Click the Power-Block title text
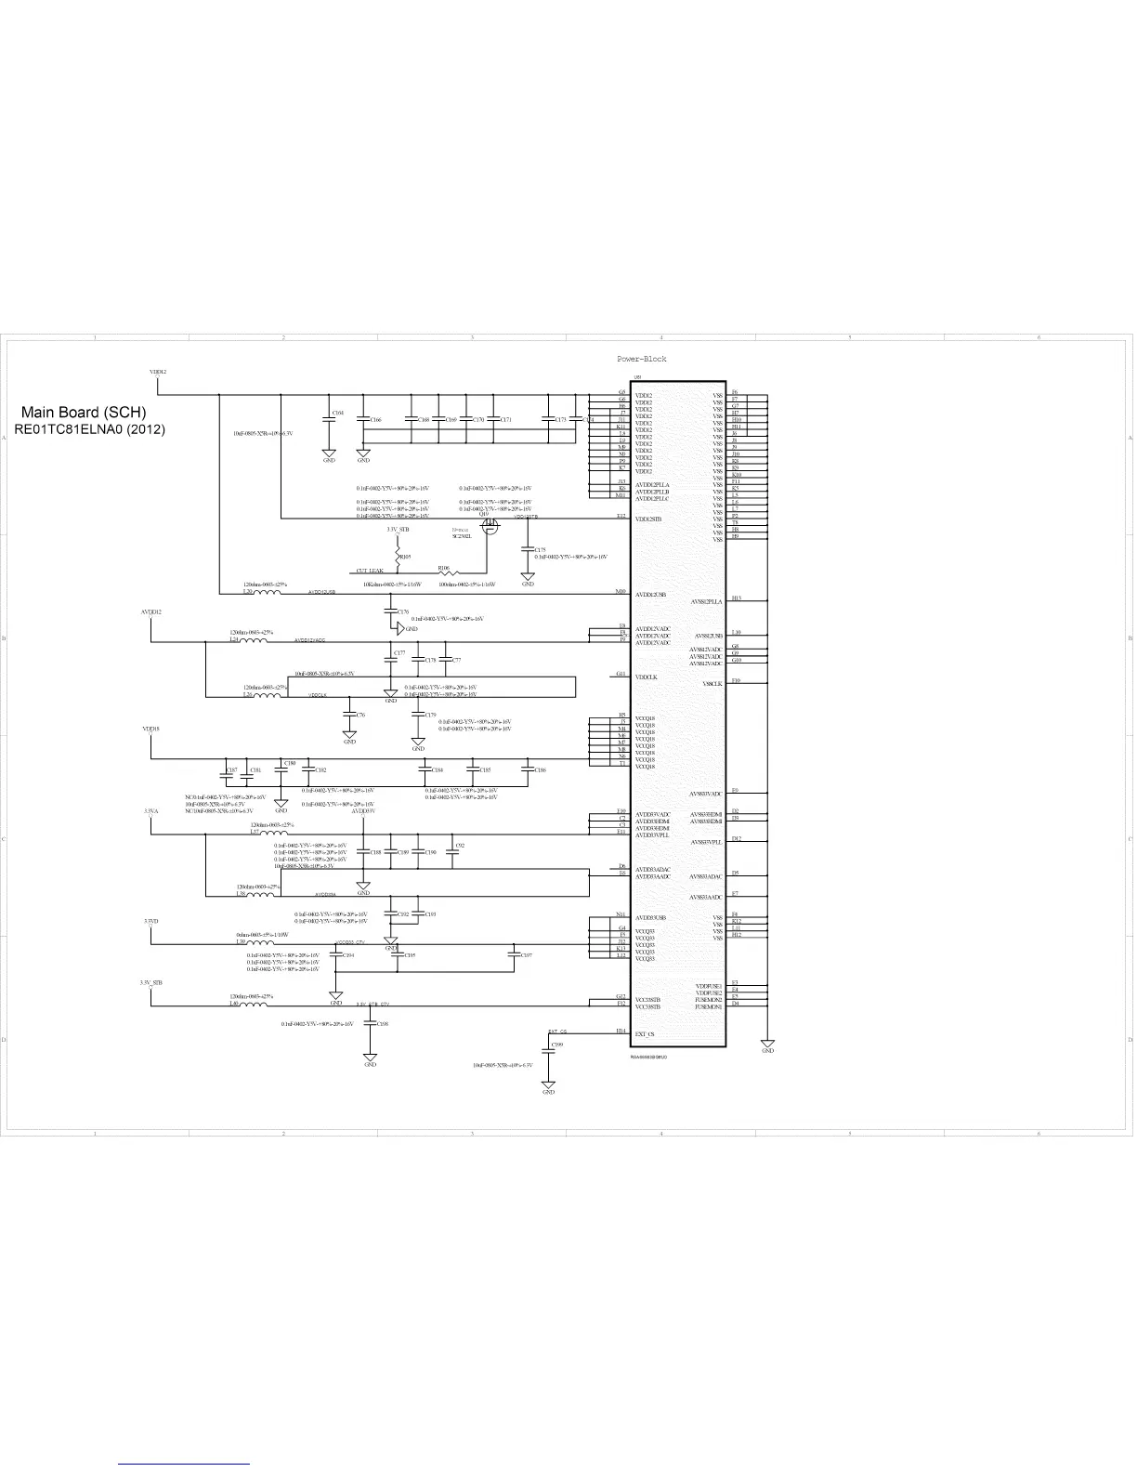point(642,359)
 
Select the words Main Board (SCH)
point(84,413)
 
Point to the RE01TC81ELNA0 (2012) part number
point(89,430)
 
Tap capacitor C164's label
point(338,413)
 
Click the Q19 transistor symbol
point(491,526)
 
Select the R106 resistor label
point(444,567)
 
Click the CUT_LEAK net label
point(370,571)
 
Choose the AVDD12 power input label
point(150,612)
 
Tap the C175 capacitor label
point(541,550)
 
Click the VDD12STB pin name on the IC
point(648,519)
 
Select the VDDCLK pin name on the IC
point(647,677)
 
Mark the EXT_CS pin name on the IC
point(645,1033)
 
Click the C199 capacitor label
point(557,1045)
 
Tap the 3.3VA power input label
point(151,811)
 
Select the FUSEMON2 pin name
point(709,1000)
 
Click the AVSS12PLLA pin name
point(706,602)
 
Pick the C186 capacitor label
point(540,770)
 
